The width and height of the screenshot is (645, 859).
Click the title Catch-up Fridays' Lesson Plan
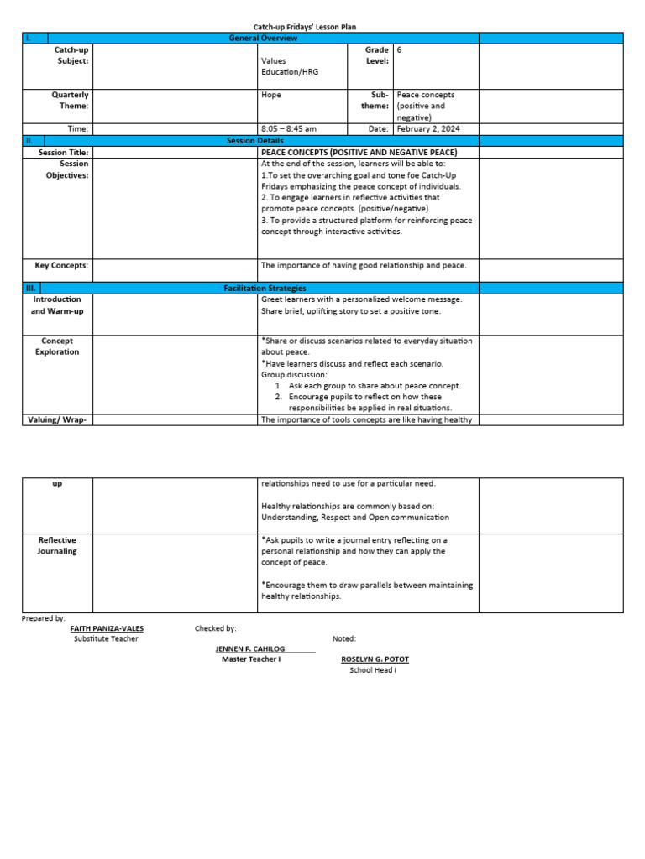coord(305,28)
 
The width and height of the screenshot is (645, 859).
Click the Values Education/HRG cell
coord(291,66)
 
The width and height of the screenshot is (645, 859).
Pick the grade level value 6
coord(400,50)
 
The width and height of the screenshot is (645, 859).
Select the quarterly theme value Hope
coord(271,95)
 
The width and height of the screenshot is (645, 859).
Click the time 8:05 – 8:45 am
coord(289,129)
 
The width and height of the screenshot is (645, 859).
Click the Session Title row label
coord(63,153)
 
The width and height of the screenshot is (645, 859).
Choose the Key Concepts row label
coord(61,265)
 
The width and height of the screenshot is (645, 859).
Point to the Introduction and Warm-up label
coord(57,305)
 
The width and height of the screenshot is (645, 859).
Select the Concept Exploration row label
coord(57,346)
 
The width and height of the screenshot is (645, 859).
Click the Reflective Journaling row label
coord(57,546)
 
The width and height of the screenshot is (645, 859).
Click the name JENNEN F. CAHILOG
coord(251,648)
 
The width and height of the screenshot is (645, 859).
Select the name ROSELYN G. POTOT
coord(375,659)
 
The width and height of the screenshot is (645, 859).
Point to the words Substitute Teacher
coord(106,638)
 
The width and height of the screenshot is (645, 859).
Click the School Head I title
coord(373,670)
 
